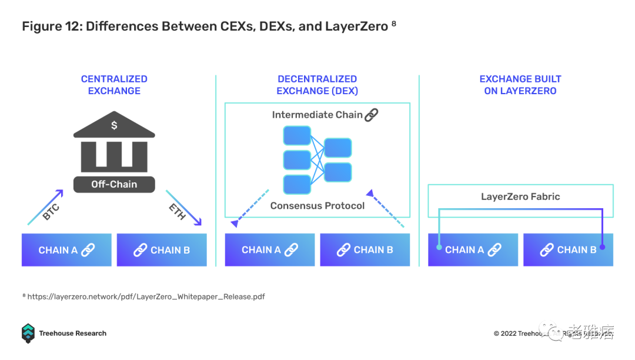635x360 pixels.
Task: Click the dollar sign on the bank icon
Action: (x=114, y=125)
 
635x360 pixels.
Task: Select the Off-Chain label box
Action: (x=114, y=184)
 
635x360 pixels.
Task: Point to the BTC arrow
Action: (x=46, y=207)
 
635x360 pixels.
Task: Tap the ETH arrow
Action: (x=183, y=208)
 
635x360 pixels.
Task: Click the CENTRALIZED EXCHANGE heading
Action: (x=114, y=85)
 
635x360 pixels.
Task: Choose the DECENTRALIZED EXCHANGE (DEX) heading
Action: (x=317, y=85)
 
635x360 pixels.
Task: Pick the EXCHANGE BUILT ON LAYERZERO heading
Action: (x=520, y=85)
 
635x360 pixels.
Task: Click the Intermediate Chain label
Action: (x=317, y=115)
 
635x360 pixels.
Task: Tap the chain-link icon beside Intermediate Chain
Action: (x=371, y=115)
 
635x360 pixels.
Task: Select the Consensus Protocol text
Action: (x=317, y=206)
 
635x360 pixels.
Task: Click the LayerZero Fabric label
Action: (x=520, y=197)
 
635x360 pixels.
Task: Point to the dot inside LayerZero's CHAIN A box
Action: (x=439, y=248)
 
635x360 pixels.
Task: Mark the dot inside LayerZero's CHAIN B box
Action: (x=602, y=248)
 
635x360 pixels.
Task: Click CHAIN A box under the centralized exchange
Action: (x=66, y=250)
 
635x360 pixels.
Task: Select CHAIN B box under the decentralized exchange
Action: (x=365, y=250)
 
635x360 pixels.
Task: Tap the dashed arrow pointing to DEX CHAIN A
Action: (x=250, y=207)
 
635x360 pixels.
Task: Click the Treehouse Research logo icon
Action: (x=28, y=333)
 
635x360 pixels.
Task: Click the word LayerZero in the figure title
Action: (x=356, y=26)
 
